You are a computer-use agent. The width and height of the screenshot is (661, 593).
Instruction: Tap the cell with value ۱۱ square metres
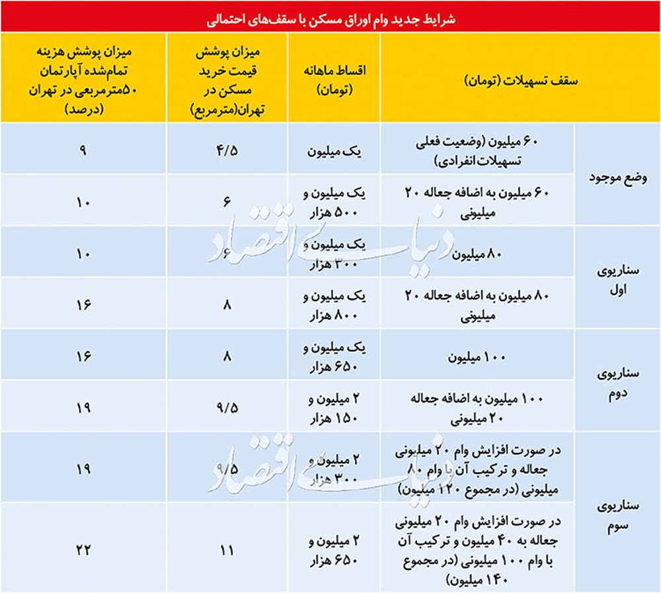[x=227, y=548]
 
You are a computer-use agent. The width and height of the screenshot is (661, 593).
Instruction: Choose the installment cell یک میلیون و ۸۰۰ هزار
[x=334, y=303]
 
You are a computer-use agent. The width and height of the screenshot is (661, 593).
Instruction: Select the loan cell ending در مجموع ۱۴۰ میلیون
[x=477, y=548]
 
